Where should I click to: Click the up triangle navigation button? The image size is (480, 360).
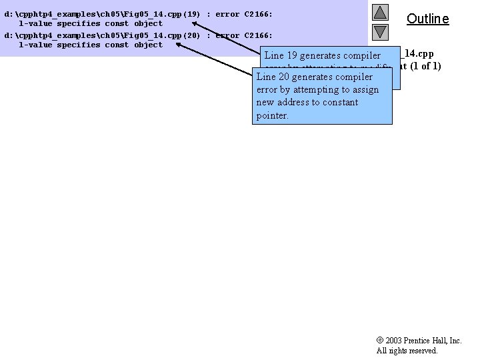coord(380,13)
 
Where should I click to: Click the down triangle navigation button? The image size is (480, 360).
coord(380,31)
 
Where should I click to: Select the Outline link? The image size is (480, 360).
coord(427,19)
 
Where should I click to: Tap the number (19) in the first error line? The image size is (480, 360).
coord(192,14)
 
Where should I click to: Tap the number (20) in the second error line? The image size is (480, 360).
coord(192,35)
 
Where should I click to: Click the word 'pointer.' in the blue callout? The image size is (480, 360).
coord(273,115)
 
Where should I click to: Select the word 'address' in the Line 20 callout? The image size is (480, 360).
coord(293,103)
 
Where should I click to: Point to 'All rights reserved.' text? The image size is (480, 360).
coord(407,351)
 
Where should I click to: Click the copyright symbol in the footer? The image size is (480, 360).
coord(380,341)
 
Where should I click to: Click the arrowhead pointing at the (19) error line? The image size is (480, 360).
coord(187,21)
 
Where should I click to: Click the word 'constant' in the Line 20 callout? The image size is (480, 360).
coord(340,103)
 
